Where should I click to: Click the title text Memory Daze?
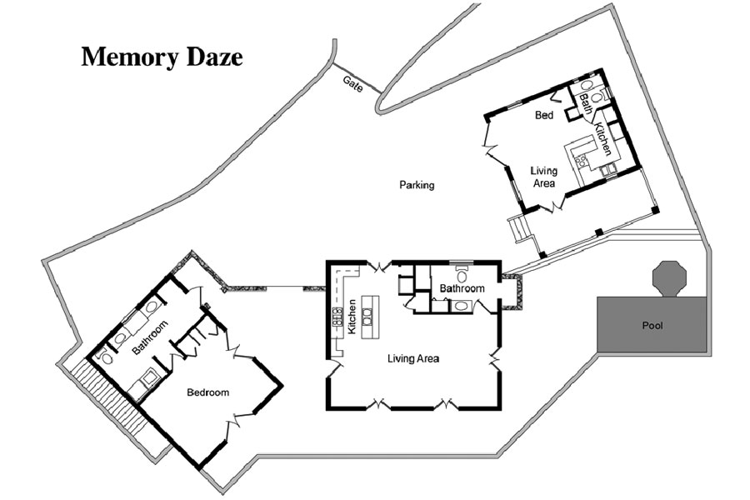(x=162, y=57)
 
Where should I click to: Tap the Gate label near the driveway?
(x=352, y=83)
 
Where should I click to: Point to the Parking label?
(x=417, y=185)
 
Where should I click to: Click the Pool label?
(x=652, y=325)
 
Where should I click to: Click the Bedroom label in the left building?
(x=208, y=392)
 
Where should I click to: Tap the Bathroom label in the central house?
(x=462, y=288)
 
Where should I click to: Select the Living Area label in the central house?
(x=413, y=359)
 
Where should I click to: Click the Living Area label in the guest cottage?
(x=543, y=177)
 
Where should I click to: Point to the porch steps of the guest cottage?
(x=520, y=227)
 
